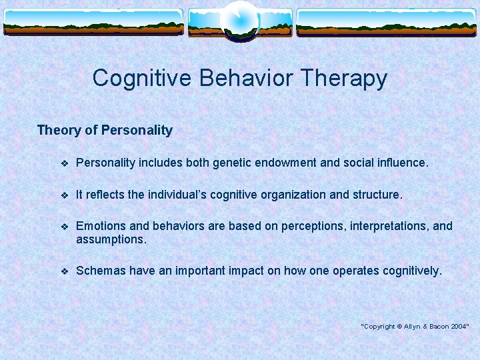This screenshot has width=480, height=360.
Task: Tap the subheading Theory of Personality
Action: (x=105, y=130)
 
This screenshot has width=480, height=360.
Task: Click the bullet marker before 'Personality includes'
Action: (x=64, y=163)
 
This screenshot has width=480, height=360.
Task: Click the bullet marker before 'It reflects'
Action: (x=64, y=195)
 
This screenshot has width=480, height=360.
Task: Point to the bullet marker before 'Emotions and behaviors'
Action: (x=64, y=227)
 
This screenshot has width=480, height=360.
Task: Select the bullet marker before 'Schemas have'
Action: (x=64, y=271)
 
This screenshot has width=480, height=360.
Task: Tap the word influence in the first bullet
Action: (x=400, y=163)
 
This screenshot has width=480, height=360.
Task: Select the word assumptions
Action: (x=111, y=239)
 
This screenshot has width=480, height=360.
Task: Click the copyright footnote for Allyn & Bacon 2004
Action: (x=415, y=325)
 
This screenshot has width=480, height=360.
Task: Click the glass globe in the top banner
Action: (x=239, y=21)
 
